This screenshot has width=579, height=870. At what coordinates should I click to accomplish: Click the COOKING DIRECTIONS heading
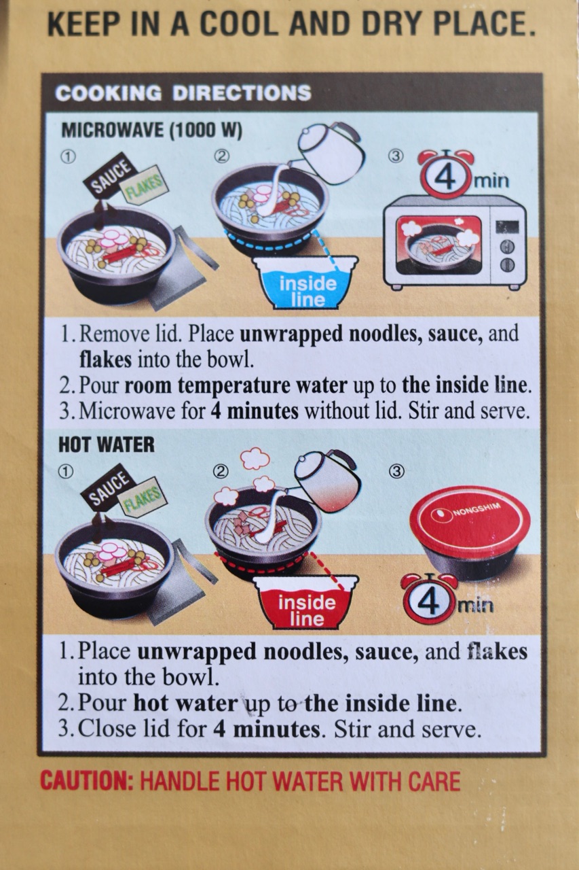click(x=183, y=93)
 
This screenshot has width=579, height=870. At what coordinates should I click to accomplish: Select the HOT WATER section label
click(x=107, y=445)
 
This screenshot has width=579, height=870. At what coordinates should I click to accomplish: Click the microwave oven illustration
click(x=455, y=243)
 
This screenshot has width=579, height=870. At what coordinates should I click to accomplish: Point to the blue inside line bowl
click(x=305, y=282)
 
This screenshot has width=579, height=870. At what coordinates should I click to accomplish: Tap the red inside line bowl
click(x=305, y=602)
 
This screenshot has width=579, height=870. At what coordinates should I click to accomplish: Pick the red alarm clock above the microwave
click(x=446, y=174)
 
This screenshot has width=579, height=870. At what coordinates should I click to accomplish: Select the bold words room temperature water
click(x=236, y=385)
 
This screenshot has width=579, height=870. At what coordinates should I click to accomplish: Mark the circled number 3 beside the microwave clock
click(x=395, y=156)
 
